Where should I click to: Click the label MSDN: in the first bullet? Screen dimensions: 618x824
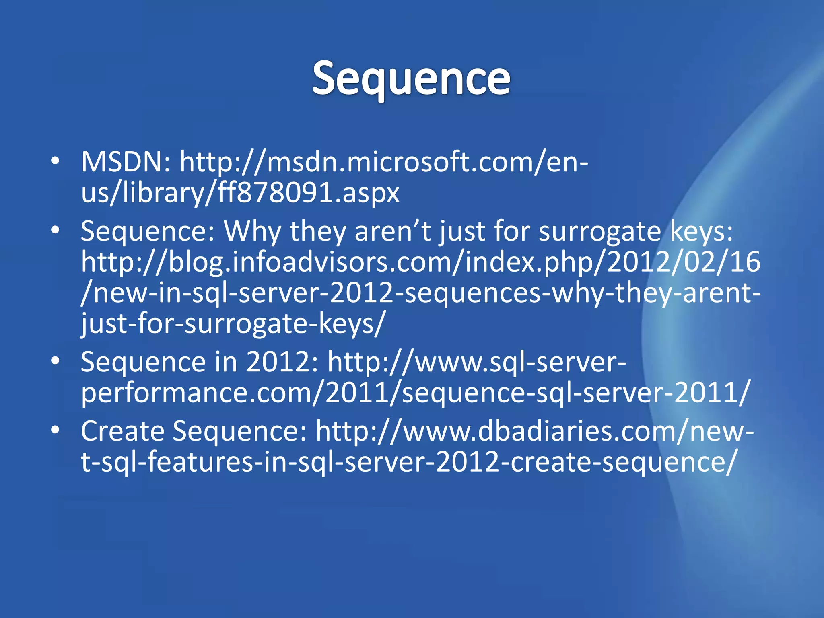point(126,162)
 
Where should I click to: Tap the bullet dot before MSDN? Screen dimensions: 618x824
point(56,161)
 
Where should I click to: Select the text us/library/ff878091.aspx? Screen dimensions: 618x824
point(240,193)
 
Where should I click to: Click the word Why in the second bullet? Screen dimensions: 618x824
point(252,232)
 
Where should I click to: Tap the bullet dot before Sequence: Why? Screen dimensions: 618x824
point(56,230)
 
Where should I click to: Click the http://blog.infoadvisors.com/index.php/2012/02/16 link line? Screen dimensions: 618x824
point(420,262)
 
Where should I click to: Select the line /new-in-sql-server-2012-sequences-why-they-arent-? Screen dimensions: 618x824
point(420,293)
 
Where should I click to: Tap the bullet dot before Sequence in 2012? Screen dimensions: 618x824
point(56,360)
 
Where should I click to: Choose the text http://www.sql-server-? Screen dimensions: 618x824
point(477,362)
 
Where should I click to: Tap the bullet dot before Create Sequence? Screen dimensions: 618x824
point(56,430)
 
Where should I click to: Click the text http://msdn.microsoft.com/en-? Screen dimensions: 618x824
point(384,162)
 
